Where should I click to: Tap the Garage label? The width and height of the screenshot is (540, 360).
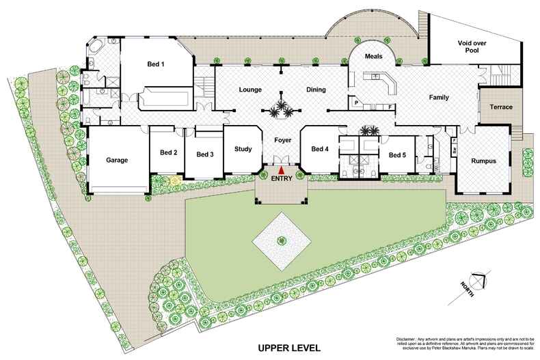pyautogui.click(x=117, y=161)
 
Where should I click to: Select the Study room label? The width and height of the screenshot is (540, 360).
pyautogui.click(x=243, y=149)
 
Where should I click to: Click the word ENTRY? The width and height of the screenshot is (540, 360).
pyautogui.click(x=282, y=178)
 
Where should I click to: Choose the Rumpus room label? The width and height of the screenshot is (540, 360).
pyautogui.click(x=483, y=161)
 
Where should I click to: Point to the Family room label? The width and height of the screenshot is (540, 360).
pyautogui.click(x=438, y=98)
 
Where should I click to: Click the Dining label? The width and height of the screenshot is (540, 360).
pyautogui.click(x=316, y=89)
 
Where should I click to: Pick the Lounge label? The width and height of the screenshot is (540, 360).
pyautogui.click(x=251, y=89)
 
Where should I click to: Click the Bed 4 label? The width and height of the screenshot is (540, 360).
pyautogui.click(x=320, y=149)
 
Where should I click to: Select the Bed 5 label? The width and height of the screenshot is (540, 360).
pyautogui.click(x=397, y=155)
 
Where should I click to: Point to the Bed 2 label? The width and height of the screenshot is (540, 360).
pyautogui.click(x=168, y=152)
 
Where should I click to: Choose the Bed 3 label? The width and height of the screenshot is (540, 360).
pyautogui.click(x=205, y=154)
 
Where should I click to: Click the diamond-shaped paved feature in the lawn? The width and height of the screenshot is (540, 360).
pyautogui.click(x=281, y=240)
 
